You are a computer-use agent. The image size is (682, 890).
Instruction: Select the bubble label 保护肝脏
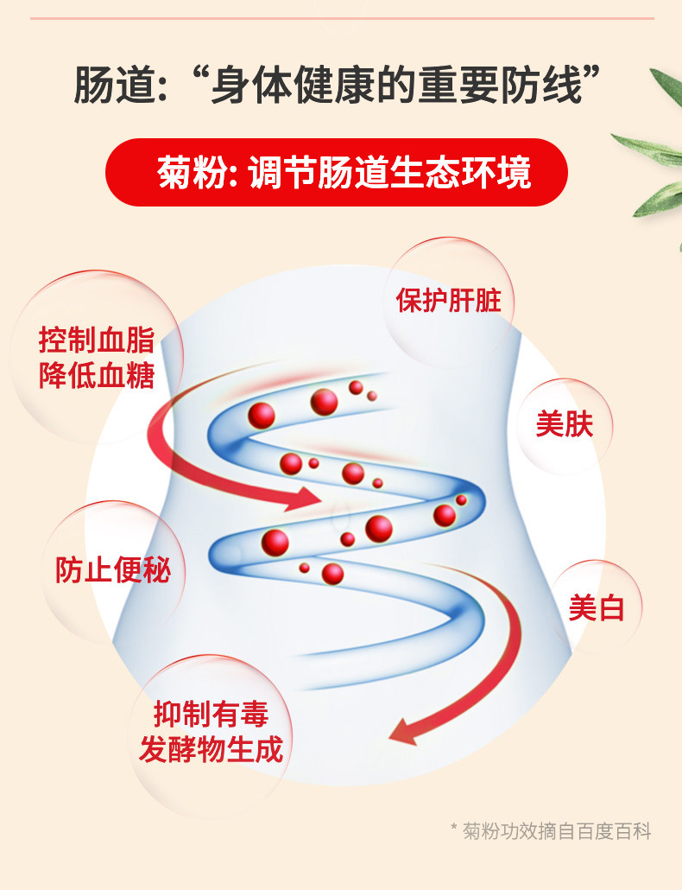point(448,300)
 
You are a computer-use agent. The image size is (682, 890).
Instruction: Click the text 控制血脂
point(97,340)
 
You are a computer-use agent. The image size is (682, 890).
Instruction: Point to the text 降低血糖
point(97,376)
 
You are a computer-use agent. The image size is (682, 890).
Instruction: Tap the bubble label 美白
point(597,608)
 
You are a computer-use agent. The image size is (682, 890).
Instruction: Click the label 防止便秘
point(113,569)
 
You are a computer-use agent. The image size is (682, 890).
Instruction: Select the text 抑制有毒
point(211,714)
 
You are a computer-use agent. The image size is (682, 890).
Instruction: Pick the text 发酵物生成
point(211,749)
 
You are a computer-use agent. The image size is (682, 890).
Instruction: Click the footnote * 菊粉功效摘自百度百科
point(551,831)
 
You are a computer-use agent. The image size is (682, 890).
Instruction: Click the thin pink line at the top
point(341,18)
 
